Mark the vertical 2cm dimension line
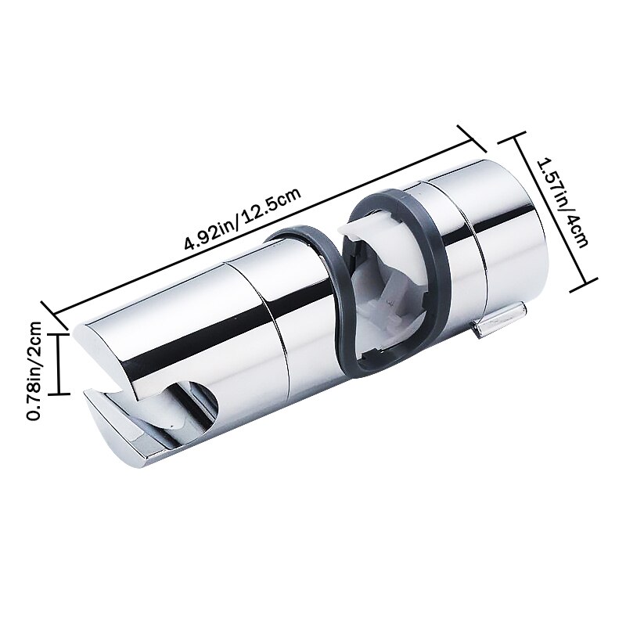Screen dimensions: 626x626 (x=59, y=362)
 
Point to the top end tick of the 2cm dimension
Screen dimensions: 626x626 (x=59, y=333)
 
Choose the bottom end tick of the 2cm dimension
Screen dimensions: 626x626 (x=59, y=393)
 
